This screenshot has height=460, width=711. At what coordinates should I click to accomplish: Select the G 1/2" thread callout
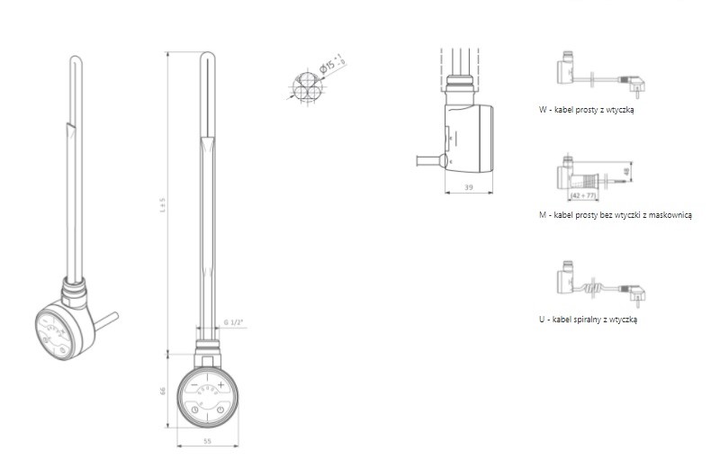tap(232, 323)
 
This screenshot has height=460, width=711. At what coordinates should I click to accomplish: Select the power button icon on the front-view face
tap(220, 410)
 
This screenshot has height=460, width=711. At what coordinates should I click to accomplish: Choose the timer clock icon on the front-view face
tap(193, 410)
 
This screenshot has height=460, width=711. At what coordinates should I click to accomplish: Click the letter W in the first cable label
tap(543, 110)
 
